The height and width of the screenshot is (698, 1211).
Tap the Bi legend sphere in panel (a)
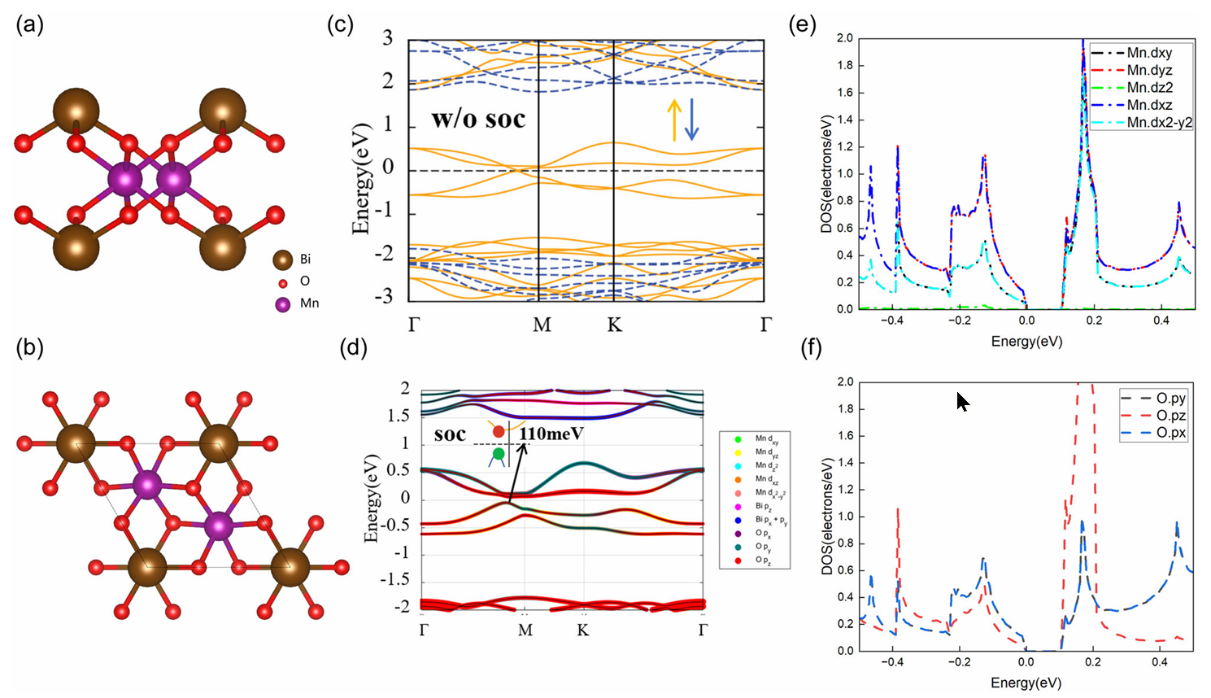coord(283,260)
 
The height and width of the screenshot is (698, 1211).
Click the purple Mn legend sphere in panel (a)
coord(283,304)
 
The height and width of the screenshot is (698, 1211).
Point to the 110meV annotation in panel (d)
coord(551,434)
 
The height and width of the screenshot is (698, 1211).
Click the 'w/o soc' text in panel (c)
coord(478,120)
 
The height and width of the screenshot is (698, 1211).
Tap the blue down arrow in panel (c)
coord(691,119)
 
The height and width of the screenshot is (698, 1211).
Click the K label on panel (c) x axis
coord(615,325)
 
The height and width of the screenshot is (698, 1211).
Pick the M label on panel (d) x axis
coord(525,630)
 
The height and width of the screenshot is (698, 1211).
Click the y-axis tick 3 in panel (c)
coord(388,38)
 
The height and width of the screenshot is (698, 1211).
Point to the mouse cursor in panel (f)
coord(962,401)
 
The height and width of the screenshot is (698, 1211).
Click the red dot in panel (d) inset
coord(499,431)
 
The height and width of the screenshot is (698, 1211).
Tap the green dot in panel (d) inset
coord(499,453)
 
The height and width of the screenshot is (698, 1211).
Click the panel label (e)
coord(803,24)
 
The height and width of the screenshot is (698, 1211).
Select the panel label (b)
coord(29,347)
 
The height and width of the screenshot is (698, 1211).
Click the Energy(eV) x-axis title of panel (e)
coord(1026,342)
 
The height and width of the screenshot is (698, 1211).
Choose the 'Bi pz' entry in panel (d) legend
coord(764,507)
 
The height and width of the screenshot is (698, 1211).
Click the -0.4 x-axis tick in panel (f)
coord(892,662)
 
